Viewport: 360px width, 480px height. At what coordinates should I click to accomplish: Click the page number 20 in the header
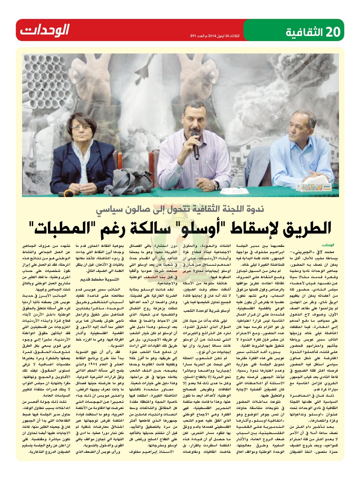(333, 32)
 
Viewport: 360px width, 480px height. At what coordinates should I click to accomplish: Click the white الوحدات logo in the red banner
(45, 30)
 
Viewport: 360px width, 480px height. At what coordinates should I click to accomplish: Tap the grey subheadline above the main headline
(179, 209)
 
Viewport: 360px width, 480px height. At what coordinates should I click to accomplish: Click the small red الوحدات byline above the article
(328, 245)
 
